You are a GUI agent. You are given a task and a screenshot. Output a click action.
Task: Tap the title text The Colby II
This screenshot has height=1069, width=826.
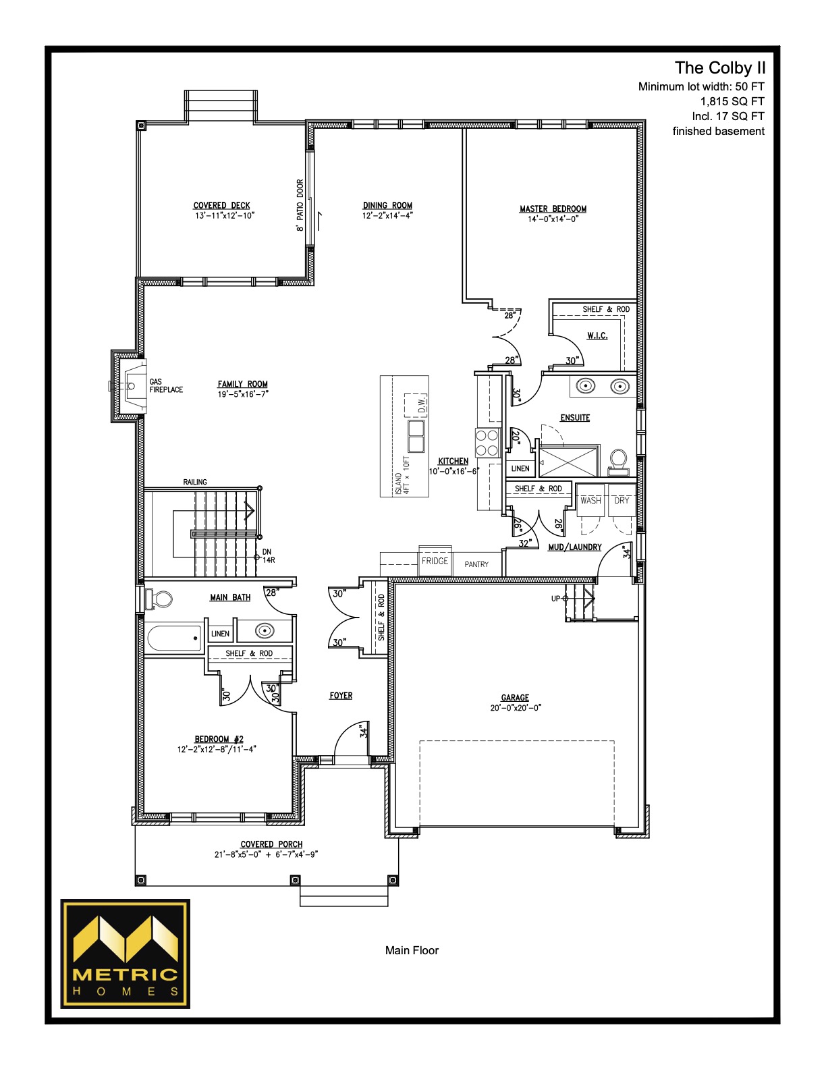pos(720,68)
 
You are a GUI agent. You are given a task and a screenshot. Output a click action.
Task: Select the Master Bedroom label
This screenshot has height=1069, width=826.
pos(553,209)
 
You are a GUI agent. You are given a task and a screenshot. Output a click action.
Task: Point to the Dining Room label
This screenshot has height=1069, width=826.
pos(387,205)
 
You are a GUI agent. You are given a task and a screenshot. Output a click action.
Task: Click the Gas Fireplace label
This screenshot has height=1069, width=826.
pos(166,385)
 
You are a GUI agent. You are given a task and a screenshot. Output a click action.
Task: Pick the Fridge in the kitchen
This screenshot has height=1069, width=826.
pos(435,560)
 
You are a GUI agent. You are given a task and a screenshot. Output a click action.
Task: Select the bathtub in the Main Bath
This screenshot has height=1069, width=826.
pos(175,638)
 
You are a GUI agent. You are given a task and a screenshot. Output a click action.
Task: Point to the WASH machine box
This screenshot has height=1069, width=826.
pos(590,500)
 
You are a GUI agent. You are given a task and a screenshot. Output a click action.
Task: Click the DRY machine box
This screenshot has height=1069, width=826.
pos(622,500)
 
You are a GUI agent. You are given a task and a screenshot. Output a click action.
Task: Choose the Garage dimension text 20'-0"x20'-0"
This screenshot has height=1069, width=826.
pos(515,708)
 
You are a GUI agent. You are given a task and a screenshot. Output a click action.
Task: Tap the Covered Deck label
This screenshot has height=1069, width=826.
pos(221,205)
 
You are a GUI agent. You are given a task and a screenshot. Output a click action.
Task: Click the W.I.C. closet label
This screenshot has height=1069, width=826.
pos(597,335)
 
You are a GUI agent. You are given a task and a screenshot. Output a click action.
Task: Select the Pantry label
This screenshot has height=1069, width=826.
pos(476,564)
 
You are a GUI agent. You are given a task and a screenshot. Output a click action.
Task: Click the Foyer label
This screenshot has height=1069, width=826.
pos(341,695)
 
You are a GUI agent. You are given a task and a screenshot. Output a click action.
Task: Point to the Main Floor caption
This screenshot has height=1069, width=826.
pos(412,950)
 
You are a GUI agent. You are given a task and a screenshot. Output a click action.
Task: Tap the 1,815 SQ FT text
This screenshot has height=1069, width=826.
pos(732,101)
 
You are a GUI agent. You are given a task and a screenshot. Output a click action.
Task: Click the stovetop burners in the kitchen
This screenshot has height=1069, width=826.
pos(487,443)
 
